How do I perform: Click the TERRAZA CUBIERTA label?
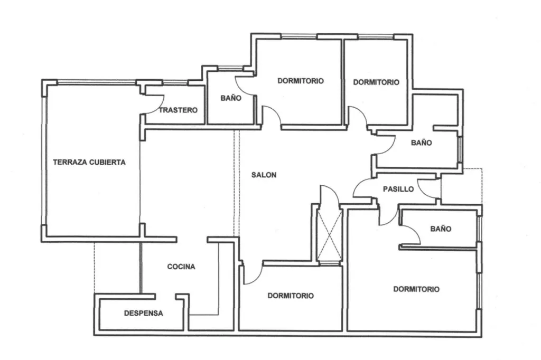[x=89, y=162]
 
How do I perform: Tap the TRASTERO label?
[x=178, y=110]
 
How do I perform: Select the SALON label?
[x=264, y=175]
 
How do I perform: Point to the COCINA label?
[x=181, y=267]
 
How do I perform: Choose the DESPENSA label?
[x=144, y=314]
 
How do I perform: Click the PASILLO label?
[x=398, y=189]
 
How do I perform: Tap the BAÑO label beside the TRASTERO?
[x=231, y=98]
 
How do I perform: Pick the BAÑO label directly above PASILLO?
[x=421, y=143]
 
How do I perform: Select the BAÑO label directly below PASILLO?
[x=441, y=229]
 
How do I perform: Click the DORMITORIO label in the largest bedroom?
[x=416, y=289]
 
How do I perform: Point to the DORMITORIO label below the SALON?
[x=291, y=296]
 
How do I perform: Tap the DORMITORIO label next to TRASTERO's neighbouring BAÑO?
[x=301, y=81]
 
